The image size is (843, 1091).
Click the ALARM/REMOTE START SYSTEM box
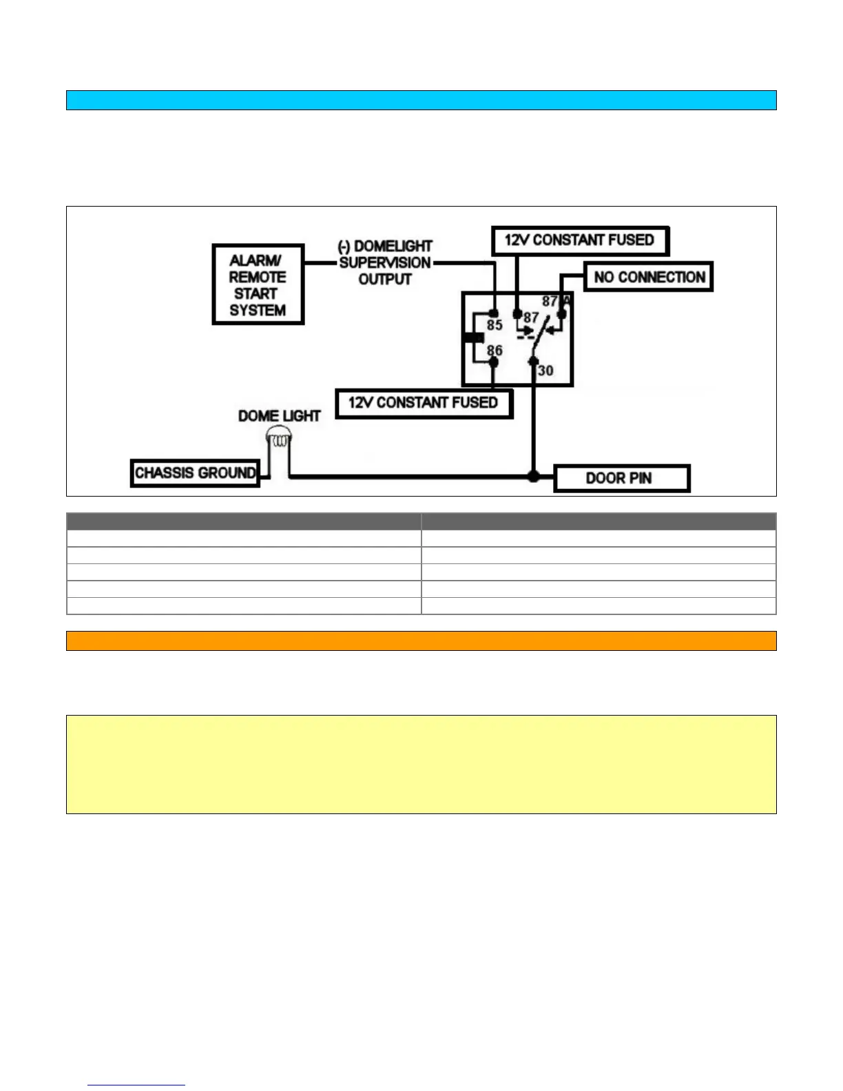pyautogui.click(x=258, y=284)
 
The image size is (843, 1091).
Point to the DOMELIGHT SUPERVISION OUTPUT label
pyautogui.click(x=385, y=262)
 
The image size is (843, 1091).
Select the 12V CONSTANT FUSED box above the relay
pyautogui.click(x=580, y=240)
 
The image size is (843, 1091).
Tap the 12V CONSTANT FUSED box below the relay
pyautogui.click(x=424, y=403)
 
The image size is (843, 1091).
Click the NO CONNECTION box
pyautogui.click(x=648, y=277)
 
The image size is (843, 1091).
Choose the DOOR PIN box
pyautogui.click(x=621, y=478)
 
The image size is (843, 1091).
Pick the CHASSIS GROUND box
pyautogui.click(x=195, y=473)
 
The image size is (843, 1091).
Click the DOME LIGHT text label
pyautogui.click(x=279, y=416)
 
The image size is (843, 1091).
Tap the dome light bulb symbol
pyautogui.click(x=279, y=438)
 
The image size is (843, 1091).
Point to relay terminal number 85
pyautogui.click(x=495, y=325)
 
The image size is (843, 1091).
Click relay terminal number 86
pyautogui.click(x=495, y=351)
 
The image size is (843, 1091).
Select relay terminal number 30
pyautogui.click(x=545, y=371)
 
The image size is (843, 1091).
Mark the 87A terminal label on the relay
pyautogui.click(x=556, y=301)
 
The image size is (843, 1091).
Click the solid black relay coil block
pyautogui.click(x=473, y=337)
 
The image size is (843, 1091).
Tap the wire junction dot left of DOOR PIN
pyautogui.click(x=533, y=476)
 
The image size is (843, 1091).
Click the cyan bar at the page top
pyautogui.click(x=421, y=100)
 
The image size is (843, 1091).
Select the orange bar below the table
pyautogui.click(x=421, y=641)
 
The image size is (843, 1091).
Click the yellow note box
pyautogui.click(x=421, y=764)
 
